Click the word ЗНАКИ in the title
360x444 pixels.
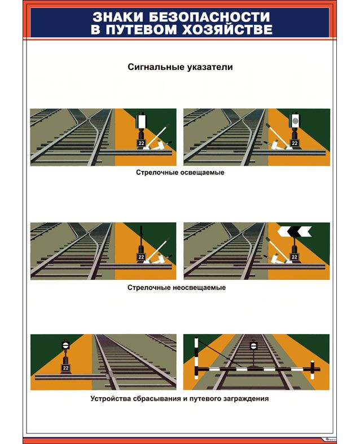click(x=118, y=17)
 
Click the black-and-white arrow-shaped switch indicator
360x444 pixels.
click(x=295, y=231)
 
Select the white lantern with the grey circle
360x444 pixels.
click(x=295, y=121)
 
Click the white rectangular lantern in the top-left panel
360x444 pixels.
click(x=141, y=121)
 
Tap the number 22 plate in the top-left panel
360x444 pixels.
click(x=141, y=143)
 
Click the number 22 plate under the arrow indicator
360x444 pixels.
click(x=295, y=257)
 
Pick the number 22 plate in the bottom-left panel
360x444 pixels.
click(x=65, y=368)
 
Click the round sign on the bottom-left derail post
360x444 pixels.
click(x=65, y=345)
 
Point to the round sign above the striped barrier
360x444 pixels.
click(x=253, y=345)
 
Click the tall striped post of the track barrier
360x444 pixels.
click(x=196, y=358)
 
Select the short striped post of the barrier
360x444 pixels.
click(x=312, y=370)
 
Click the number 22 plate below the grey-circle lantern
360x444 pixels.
click(x=295, y=143)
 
